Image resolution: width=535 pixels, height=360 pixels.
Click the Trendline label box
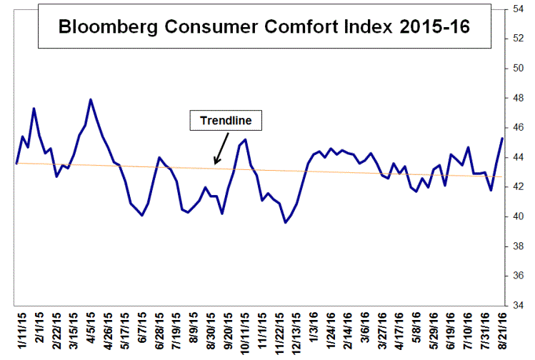click(226, 121)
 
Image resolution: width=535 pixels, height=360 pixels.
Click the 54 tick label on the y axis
click(519, 9)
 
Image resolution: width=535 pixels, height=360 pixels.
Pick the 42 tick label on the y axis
click(519, 187)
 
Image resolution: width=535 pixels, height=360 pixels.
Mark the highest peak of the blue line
click(91, 99)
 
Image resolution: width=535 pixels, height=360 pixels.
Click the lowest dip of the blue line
click(286, 222)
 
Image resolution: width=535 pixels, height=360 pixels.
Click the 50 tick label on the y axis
click(519, 69)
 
